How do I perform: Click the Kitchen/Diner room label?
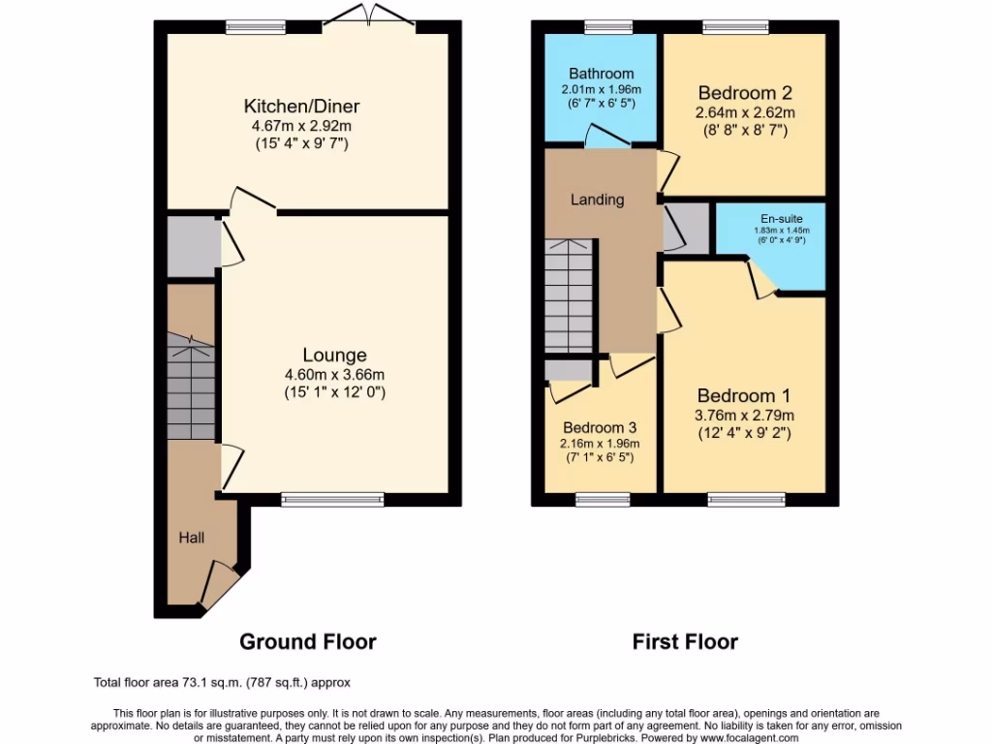coord(308,106)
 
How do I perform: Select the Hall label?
coord(191,536)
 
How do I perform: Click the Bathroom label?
coord(601,74)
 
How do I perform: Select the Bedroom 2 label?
coord(745,93)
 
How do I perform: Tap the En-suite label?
coord(781,220)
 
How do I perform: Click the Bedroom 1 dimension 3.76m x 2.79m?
coord(744,416)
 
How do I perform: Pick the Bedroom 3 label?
coord(600,427)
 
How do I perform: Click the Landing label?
coord(597,200)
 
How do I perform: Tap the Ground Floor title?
coord(307,641)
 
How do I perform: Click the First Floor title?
coord(685,641)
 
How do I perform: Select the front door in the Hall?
coord(222,585)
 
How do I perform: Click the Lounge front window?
coord(332,500)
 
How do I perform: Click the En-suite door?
coord(762,278)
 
